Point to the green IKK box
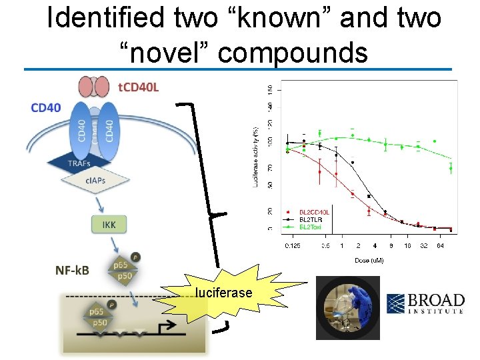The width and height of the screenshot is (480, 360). [109, 224]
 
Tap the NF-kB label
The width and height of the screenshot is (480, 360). [72, 270]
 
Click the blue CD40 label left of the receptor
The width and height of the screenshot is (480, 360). [45, 107]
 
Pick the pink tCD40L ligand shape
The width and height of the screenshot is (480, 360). [94, 87]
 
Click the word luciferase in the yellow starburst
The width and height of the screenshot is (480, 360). [223, 293]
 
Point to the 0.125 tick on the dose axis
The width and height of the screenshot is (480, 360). [292, 246]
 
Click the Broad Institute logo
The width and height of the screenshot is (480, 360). [425, 303]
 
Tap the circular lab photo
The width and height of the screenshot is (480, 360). [347, 308]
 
